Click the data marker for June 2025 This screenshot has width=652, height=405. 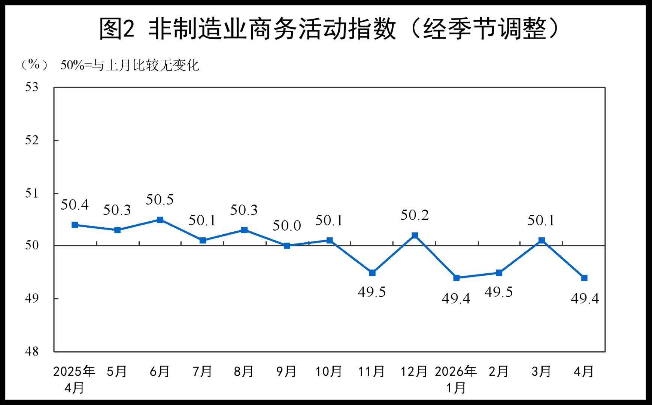coord(160,220)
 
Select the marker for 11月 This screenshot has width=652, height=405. coord(372,273)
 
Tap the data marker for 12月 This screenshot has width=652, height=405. coord(415,235)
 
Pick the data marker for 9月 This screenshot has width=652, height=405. coord(287,246)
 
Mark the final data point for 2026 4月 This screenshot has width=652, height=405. coord(584,278)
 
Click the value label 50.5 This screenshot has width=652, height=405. coord(160,200)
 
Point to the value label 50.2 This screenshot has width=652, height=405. coord(414,215)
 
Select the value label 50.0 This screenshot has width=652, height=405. coord(286,226)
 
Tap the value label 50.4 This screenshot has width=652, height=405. coord(75,205)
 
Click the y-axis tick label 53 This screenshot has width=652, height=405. coord(32,87)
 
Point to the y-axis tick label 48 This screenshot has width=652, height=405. coord(32,352)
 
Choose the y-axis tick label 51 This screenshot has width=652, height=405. coord(32,193)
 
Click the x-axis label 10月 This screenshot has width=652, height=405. coord(329,372)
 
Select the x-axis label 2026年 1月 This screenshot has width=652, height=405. coord(456,379)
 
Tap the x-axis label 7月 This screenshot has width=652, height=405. coord(202,372)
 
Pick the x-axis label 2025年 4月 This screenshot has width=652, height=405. coord(74,379)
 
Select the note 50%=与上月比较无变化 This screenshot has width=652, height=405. coord(130,66)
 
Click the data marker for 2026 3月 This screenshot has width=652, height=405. coord(542,240)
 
